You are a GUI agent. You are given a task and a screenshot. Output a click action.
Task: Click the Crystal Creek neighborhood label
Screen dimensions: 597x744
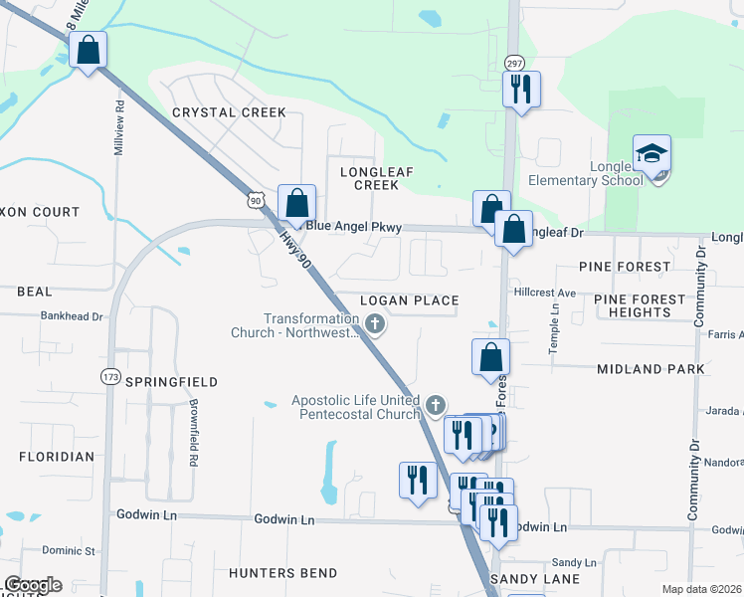[x=229, y=112]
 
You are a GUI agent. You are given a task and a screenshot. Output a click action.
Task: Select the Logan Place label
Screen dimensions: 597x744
[x=409, y=300]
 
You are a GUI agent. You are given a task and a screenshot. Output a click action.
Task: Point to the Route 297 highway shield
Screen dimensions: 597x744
[x=513, y=61]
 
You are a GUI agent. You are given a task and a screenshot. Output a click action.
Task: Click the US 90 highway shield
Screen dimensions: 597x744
[x=257, y=200]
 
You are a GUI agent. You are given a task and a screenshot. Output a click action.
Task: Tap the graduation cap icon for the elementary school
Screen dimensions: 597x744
[x=652, y=154]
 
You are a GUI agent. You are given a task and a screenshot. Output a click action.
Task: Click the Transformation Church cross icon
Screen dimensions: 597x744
[x=375, y=323]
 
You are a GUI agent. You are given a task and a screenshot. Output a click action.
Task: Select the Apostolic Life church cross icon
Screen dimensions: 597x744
[x=435, y=405]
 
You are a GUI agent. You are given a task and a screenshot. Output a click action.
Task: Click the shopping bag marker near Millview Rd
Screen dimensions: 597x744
[x=88, y=50]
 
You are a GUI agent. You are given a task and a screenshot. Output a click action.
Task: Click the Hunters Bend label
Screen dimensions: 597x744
[x=282, y=573]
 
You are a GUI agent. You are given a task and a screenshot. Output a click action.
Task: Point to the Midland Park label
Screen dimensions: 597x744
[x=651, y=369]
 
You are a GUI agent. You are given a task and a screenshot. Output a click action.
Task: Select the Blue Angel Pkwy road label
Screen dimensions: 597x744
[x=353, y=227]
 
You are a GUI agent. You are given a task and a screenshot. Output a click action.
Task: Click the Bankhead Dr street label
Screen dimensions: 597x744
[x=72, y=316]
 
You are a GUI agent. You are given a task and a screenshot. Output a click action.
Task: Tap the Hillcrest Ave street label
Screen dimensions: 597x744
[x=545, y=294]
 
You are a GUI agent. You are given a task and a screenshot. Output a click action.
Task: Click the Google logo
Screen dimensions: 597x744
[x=33, y=585]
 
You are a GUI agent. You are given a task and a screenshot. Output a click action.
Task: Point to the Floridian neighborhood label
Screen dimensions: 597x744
[x=57, y=457]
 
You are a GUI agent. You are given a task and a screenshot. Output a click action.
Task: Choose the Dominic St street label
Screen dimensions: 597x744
[x=69, y=550]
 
